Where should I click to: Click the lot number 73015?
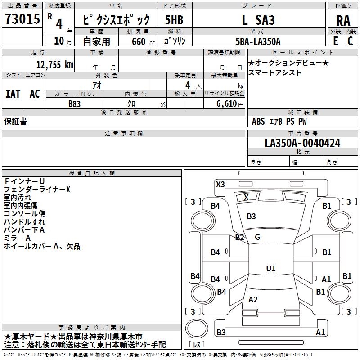tap(22, 20)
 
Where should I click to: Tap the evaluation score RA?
tap(343, 21)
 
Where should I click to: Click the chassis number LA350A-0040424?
tap(302, 144)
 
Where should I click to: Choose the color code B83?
tap(75, 103)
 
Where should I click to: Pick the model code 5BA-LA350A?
tap(258, 41)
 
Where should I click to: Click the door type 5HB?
tap(174, 20)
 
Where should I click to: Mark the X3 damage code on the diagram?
tap(220, 184)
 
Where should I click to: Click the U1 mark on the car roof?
tap(270, 269)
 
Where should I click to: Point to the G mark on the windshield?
tap(257, 237)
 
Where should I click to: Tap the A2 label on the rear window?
tap(253, 300)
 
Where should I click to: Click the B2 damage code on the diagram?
tap(239, 238)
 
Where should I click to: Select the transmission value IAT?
tap(13, 94)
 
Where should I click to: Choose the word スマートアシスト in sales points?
tap(269, 73)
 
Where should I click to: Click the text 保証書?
tap(15, 121)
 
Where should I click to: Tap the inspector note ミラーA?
tap(17, 238)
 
